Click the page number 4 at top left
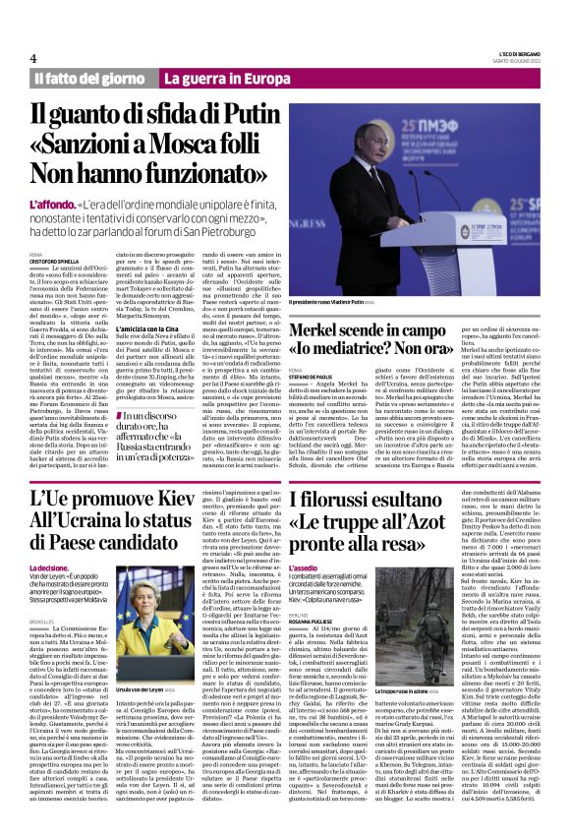coord(32,59)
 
